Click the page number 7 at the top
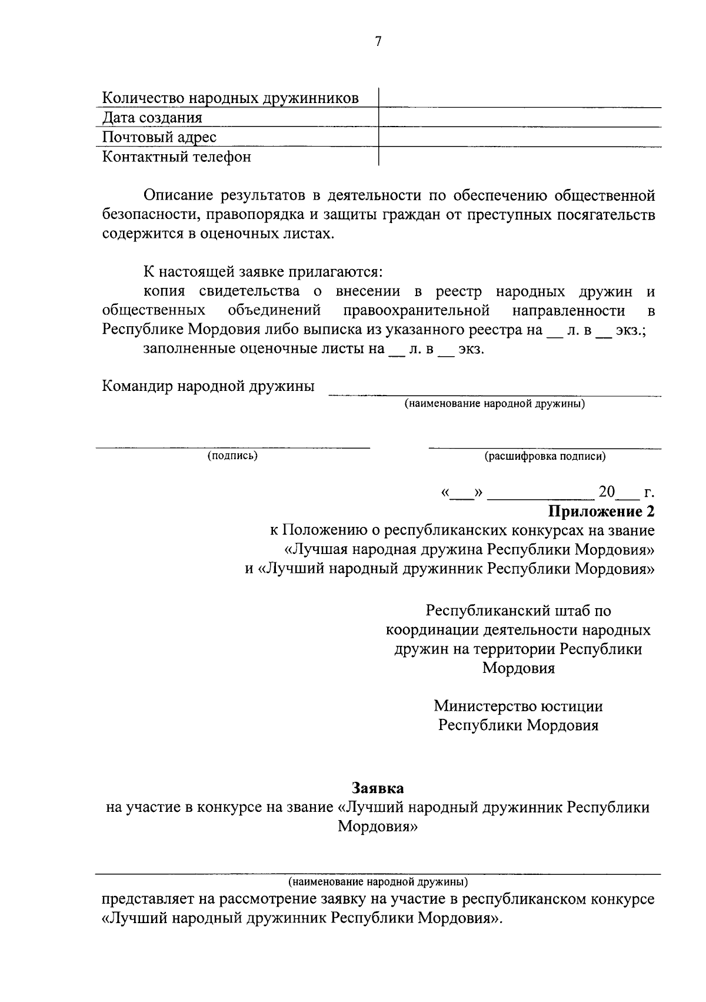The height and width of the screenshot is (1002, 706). click(378, 41)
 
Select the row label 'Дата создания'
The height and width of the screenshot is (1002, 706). click(152, 118)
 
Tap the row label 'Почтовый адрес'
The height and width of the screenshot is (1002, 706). click(159, 137)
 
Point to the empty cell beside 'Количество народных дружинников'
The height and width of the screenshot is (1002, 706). click(519, 97)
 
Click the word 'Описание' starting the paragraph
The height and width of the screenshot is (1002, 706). click(175, 195)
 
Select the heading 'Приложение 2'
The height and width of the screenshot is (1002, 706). click(601, 510)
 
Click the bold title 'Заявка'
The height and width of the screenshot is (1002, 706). click(378, 787)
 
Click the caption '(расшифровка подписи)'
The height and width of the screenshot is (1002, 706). click(545, 456)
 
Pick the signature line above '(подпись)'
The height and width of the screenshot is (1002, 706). click(234, 448)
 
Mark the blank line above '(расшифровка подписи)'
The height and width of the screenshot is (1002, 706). click(545, 449)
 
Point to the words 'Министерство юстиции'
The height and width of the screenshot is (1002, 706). click(518, 705)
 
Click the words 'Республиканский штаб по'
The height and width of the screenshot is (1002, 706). click(518, 611)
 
